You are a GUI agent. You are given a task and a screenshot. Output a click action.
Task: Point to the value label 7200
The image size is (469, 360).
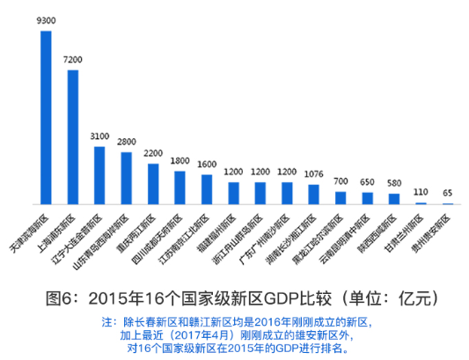[x=73, y=59]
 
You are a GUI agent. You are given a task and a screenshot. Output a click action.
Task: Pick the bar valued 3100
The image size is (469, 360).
[x=100, y=175]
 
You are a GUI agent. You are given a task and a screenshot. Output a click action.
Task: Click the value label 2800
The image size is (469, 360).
[x=127, y=142]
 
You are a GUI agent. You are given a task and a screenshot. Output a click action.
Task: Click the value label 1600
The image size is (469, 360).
[x=207, y=165]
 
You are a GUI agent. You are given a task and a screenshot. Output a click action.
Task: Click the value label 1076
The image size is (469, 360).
[x=313, y=173]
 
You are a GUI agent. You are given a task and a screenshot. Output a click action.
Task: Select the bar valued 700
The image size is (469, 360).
[x=341, y=198]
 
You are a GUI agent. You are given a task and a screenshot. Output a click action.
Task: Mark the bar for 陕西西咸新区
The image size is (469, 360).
[x=393, y=199]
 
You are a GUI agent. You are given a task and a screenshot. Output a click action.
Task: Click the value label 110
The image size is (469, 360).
[x=421, y=192]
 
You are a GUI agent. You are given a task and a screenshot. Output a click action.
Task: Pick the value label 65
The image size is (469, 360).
[x=448, y=193]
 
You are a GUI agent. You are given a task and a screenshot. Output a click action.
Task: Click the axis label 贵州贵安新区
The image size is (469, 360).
[x=429, y=231]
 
